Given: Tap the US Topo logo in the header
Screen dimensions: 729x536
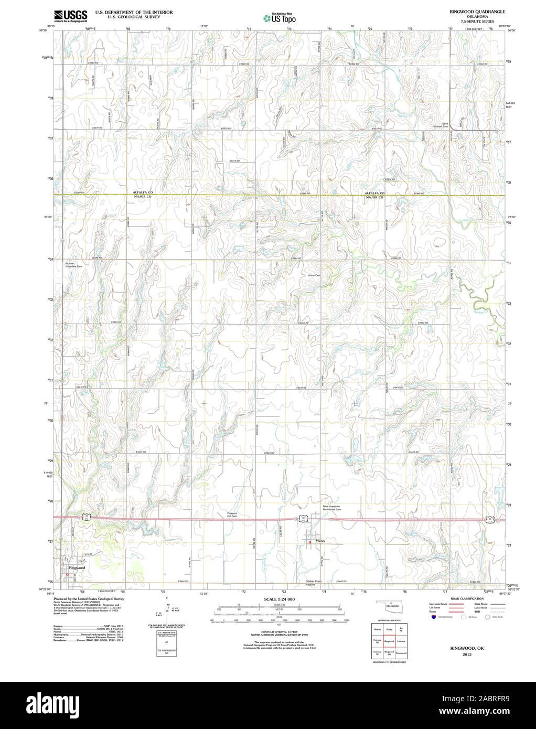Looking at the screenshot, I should (x=280, y=19).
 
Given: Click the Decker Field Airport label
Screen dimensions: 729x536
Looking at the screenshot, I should (x=314, y=583).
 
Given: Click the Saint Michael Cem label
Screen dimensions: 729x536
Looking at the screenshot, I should (x=441, y=125).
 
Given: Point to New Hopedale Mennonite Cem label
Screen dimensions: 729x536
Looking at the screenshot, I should (x=331, y=508).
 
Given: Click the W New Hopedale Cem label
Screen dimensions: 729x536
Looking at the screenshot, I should (x=74, y=265).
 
